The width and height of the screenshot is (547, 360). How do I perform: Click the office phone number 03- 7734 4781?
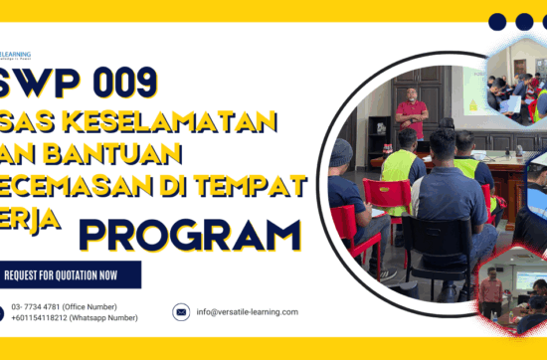44,306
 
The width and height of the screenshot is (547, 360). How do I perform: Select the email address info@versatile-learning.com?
247,311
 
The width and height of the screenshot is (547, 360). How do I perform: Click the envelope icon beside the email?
181,311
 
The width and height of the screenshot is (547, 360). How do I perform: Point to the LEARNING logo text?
17,54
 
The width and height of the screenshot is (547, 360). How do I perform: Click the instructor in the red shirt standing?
411,112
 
